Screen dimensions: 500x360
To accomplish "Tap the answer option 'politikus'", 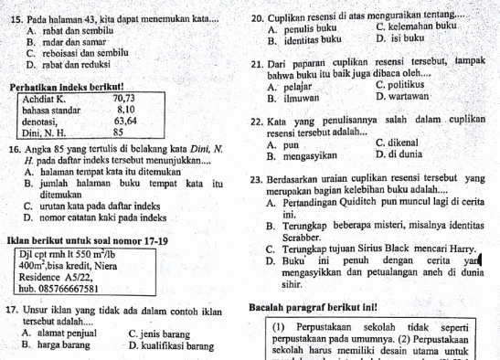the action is pyautogui.click(x=405, y=86).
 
